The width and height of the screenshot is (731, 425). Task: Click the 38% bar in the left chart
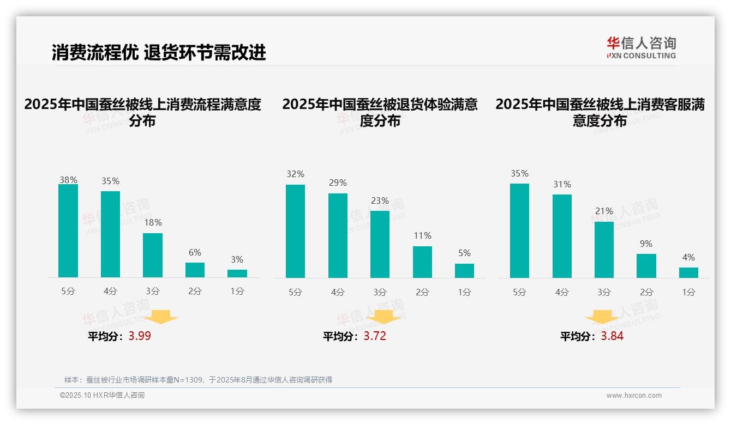(x=68, y=231)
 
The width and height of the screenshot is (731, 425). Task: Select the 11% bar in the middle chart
(x=422, y=262)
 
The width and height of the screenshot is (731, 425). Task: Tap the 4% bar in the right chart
(x=688, y=272)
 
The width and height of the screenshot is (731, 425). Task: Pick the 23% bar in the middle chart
(x=380, y=244)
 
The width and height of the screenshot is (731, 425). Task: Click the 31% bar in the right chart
(x=562, y=236)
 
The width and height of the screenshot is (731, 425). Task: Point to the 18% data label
(x=153, y=222)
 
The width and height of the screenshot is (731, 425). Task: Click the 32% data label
(x=295, y=174)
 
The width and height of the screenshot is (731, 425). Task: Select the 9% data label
(x=646, y=244)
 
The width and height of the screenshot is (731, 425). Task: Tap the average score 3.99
(x=140, y=336)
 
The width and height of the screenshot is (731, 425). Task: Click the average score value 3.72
(x=375, y=336)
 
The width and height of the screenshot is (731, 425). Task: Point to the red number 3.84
(x=612, y=336)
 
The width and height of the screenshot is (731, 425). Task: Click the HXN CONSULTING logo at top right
(x=641, y=47)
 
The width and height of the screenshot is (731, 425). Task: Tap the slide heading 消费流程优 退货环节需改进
(x=159, y=52)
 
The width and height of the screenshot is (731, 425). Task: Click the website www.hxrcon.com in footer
(x=634, y=396)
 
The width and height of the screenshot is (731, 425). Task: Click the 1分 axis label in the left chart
(x=237, y=292)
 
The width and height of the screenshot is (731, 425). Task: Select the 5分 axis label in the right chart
(x=519, y=293)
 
